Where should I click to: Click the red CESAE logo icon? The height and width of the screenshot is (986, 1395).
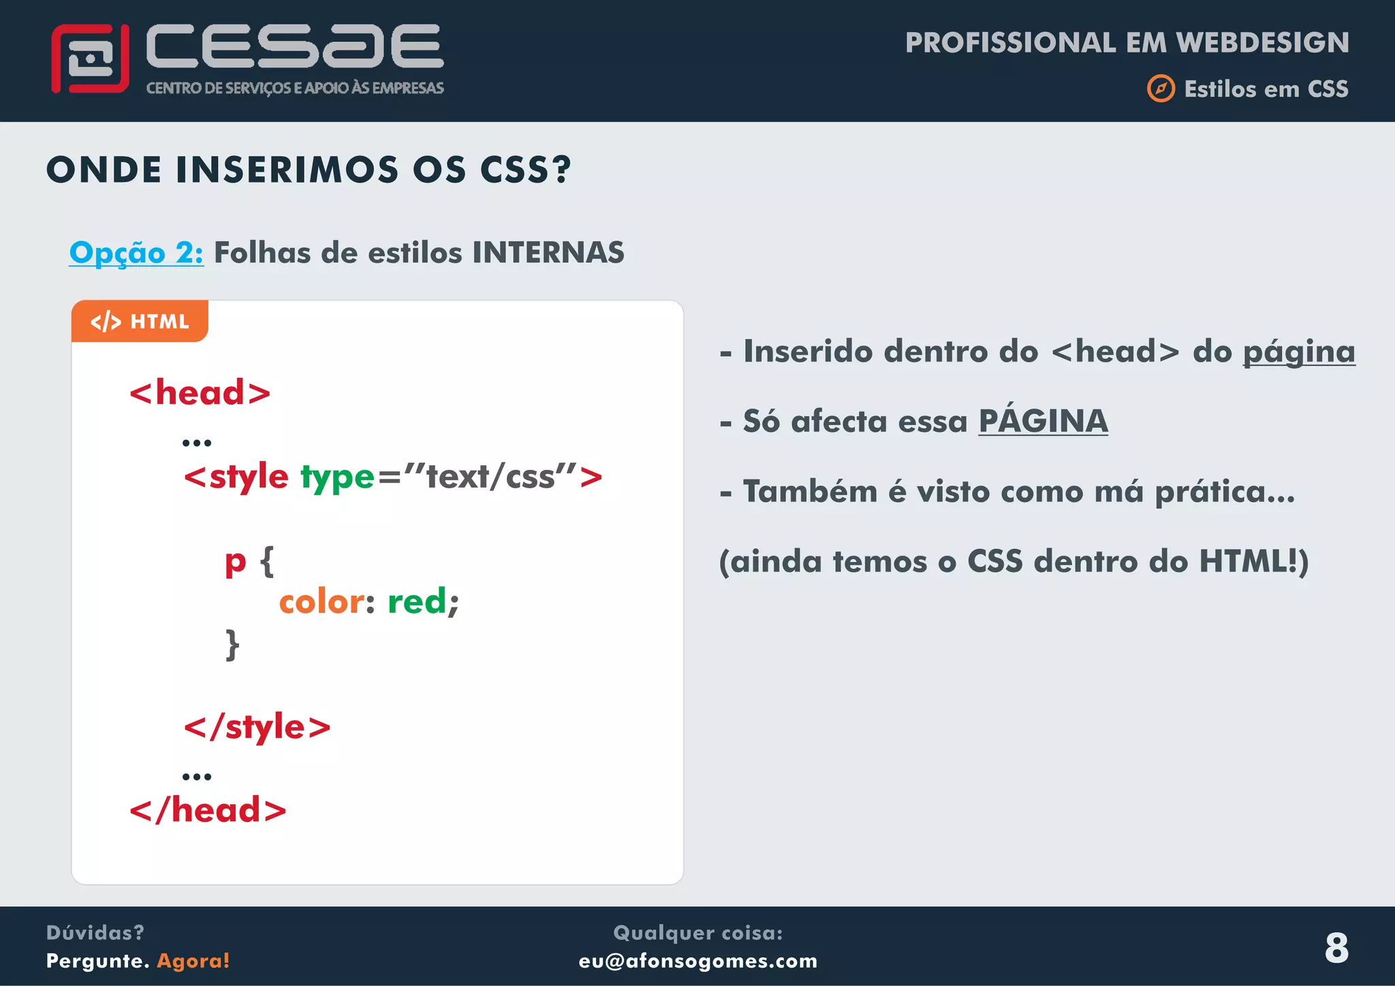point(90,59)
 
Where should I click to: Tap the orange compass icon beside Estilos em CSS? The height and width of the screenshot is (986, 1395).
point(1161,89)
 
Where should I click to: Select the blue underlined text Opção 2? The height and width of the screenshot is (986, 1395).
point(136,253)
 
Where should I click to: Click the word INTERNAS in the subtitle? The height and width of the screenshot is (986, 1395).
point(548,253)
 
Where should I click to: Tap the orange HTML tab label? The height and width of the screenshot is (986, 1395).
point(140,321)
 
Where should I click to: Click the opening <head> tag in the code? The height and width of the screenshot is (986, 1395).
point(200,393)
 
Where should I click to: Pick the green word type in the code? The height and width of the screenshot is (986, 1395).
point(337,477)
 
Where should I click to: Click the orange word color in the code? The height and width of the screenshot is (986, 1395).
point(322,602)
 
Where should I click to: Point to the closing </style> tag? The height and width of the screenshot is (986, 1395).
point(257,727)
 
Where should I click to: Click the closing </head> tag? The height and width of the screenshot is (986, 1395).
point(208,810)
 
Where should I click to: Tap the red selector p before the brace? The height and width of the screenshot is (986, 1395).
point(235,562)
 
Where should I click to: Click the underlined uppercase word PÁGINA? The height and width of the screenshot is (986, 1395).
point(1043,422)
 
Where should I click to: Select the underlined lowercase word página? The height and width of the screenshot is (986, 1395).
point(1298,353)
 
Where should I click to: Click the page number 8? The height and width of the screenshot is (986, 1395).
point(1336,947)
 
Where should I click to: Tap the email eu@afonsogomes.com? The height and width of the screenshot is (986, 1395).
point(697,961)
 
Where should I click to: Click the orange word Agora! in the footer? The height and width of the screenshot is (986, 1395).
point(193,961)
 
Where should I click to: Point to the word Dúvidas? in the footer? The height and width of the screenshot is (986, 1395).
point(95,932)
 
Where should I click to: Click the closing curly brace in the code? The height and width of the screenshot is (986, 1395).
point(232,644)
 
